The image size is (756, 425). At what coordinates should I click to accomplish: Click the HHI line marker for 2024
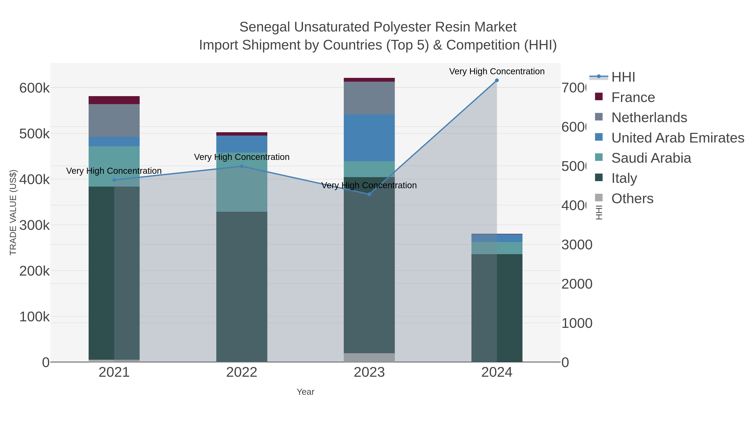pyautogui.click(x=497, y=80)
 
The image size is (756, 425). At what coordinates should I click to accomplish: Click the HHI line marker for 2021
pyautogui.click(x=114, y=180)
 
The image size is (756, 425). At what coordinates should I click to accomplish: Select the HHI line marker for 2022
pyautogui.click(x=242, y=166)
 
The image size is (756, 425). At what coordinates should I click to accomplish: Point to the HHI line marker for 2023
pyautogui.click(x=369, y=194)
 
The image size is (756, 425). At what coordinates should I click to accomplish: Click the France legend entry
pyautogui.click(x=633, y=97)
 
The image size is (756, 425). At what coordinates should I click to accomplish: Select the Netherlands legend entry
pyautogui.click(x=649, y=118)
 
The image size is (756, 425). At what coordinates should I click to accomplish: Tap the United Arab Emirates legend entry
pyautogui.click(x=677, y=138)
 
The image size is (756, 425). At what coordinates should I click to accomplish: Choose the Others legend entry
pyautogui.click(x=632, y=199)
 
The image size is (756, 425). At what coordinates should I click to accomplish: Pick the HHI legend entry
pyautogui.click(x=623, y=77)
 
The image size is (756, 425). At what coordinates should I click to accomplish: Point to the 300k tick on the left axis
pyautogui.click(x=34, y=225)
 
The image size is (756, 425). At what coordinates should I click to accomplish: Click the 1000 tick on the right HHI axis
pyautogui.click(x=577, y=323)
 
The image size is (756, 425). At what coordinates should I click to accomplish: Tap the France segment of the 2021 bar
pyautogui.click(x=114, y=100)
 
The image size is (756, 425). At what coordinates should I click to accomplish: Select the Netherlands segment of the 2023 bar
pyautogui.click(x=369, y=98)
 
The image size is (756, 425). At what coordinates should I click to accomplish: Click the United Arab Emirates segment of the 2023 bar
pyautogui.click(x=369, y=138)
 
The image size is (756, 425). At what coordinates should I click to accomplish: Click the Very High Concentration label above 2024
pyautogui.click(x=497, y=71)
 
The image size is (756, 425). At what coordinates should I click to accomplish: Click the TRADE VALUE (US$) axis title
pyautogui.click(x=13, y=212)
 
